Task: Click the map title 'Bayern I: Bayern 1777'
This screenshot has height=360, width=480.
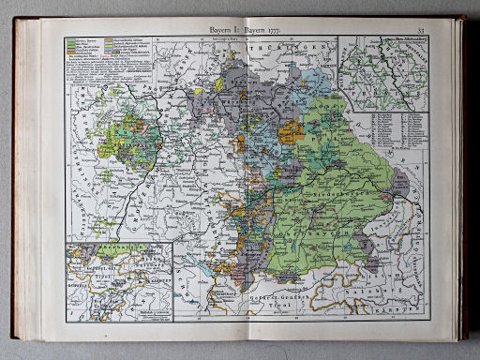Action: tap(240, 29)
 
